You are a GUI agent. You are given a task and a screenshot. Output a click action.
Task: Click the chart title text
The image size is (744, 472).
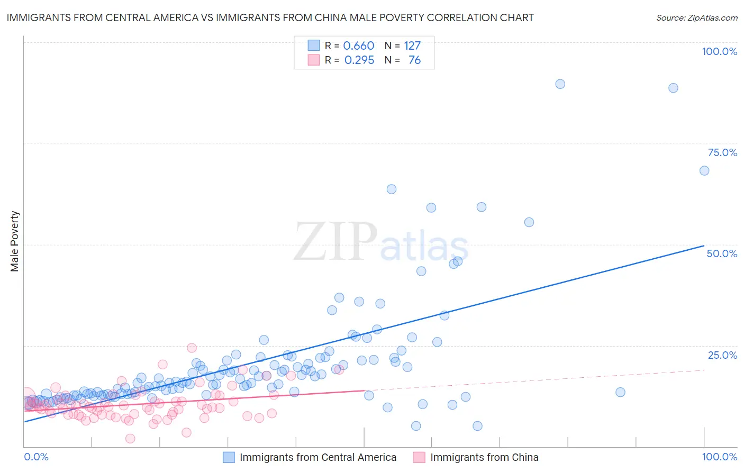tap(270, 17)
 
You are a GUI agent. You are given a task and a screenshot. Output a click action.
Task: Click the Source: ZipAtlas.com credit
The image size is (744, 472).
tap(696, 17)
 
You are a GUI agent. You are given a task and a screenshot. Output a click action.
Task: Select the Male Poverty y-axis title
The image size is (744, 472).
tap(14, 241)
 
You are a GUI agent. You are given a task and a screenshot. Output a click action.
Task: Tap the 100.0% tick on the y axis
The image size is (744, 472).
tap(719, 51)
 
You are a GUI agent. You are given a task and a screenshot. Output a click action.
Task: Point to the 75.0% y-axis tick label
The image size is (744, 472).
tap(722, 152)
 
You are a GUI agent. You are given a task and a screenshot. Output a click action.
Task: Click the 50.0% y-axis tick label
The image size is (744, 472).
tap(722, 253)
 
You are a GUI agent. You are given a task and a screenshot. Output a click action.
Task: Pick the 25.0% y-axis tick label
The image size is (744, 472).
tap(722, 355)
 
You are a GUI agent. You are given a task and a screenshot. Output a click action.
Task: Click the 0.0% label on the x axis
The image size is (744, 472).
tap(36, 457)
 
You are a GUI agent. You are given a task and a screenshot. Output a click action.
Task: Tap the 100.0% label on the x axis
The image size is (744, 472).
tap(719, 457)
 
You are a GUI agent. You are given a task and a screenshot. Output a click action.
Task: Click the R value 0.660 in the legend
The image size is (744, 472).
tap(359, 46)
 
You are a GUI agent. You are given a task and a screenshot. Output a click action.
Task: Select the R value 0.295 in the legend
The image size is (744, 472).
tap(359, 60)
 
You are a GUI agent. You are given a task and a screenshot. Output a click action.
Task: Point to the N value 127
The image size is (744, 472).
tap(412, 46)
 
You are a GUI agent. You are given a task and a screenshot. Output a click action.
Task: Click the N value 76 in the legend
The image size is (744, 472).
tap(414, 60)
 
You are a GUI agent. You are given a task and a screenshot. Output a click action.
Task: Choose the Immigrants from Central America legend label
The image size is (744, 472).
tap(317, 458)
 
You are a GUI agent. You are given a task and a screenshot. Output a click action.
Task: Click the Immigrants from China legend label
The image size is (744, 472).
tap(484, 458)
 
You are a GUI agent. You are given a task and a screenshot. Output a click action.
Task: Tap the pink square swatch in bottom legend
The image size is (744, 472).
tap(419, 458)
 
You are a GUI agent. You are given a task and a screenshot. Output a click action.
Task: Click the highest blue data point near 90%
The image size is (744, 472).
tap(560, 84)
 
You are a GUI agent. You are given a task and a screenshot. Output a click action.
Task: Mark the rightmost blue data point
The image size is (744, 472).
tap(704, 170)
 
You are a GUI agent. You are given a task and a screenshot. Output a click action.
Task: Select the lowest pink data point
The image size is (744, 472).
tap(130, 438)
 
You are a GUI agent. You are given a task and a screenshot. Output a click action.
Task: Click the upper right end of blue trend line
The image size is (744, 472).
tap(704, 246)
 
